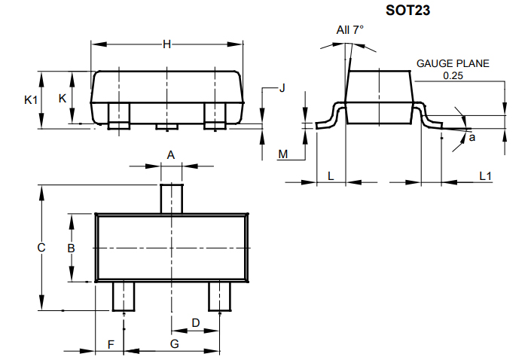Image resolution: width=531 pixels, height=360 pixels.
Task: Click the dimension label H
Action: click(x=167, y=45)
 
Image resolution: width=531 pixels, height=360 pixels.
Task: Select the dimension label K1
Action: click(x=29, y=99)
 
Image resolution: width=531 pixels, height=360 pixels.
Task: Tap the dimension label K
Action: click(x=63, y=99)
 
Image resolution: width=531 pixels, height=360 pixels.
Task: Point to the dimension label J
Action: click(x=282, y=88)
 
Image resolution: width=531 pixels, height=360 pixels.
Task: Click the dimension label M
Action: click(x=283, y=154)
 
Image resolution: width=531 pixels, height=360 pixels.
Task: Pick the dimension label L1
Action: click(x=486, y=175)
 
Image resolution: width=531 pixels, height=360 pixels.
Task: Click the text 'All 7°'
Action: click(x=349, y=29)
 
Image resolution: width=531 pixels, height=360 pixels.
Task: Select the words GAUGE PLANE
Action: click(x=453, y=63)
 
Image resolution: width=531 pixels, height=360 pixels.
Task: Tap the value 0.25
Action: click(x=453, y=75)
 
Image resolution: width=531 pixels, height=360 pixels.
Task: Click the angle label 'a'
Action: click(x=472, y=137)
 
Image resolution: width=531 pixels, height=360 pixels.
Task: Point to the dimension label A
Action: click(x=171, y=155)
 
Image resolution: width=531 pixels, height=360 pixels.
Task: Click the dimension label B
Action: click(x=70, y=248)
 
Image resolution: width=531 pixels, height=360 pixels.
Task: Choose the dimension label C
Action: click(x=42, y=248)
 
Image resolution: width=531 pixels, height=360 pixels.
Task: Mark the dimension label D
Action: click(x=196, y=323)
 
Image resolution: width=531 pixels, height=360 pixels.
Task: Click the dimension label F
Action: click(x=111, y=344)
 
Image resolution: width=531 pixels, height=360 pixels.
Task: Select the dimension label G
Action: click(x=174, y=344)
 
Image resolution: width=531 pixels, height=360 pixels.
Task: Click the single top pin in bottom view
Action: click(x=172, y=199)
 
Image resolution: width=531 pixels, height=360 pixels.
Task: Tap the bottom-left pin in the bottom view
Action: click(x=123, y=296)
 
